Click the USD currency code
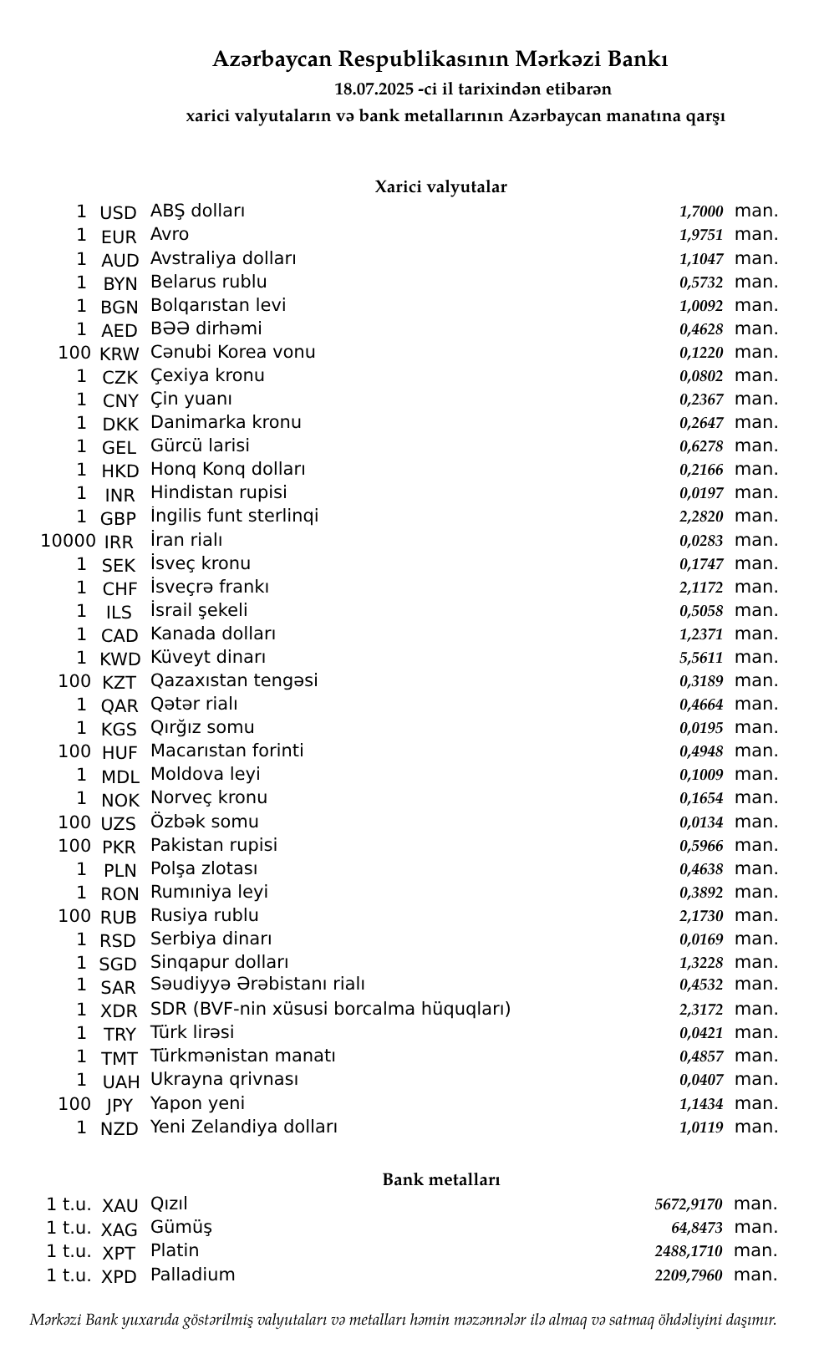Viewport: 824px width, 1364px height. [118, 213]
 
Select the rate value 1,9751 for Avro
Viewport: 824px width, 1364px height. [701, 236]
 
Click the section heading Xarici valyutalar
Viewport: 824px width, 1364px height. [440, 186]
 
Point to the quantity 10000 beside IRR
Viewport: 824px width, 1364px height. [68, 541]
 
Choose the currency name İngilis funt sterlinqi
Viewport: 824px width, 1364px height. [234, 516]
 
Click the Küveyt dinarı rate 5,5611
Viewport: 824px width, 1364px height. [701, 658]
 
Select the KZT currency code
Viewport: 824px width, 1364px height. [118, 683]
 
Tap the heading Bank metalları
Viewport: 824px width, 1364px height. [440, 1179]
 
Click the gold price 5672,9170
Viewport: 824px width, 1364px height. [689, 1204]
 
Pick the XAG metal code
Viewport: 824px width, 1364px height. [119, 1229]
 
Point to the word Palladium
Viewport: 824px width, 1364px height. [192, 1275]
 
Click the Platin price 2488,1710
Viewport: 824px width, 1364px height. [689, 1251]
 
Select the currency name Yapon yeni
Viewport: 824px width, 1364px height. [197, 1103]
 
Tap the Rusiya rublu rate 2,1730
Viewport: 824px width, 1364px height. [701, 916]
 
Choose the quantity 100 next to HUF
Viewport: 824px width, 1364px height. [74, 751]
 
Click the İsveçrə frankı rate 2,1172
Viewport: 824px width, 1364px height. [701, 588]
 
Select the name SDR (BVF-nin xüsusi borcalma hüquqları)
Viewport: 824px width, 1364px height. [330, 1009]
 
